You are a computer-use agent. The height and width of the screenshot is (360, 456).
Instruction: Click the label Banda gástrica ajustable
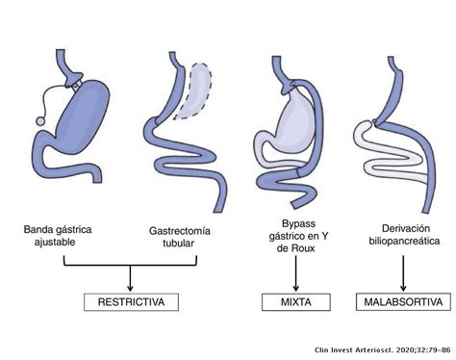click(x=63, y=238)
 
